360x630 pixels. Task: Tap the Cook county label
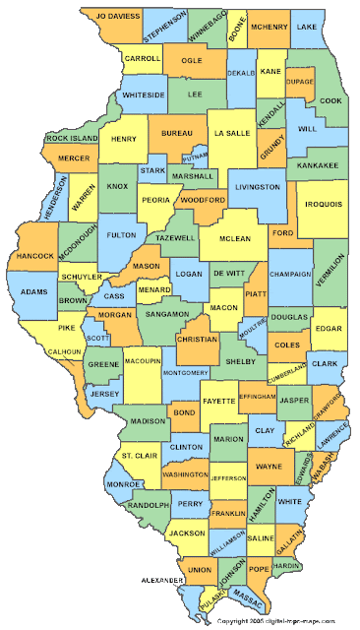point(330,100)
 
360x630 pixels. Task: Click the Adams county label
point(33,292)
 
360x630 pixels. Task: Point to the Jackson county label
point(186,533)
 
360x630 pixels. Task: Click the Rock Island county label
point(71,139)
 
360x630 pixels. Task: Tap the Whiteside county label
point(143,94)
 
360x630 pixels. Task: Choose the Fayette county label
point(218,401)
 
